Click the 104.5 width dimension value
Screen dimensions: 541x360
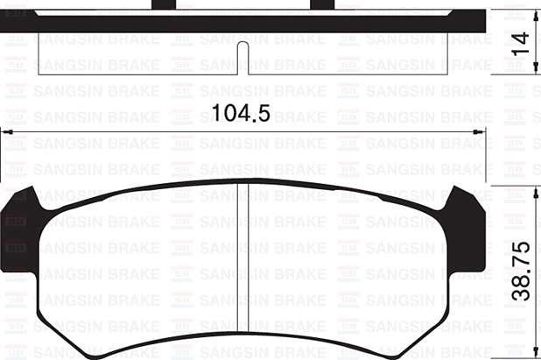pyautogui.click(x=241, y=113)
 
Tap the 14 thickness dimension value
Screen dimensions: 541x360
pyautogui.click(x=520, y=44)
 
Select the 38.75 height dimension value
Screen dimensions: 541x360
pyautogui.click(x=520, y=272)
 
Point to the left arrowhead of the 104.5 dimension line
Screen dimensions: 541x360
pyautogui.click(x=8, y=132)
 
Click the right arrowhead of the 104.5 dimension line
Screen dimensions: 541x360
pyautogui.click(x=478, y=132)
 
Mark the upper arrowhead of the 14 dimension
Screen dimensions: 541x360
pyautogui.click(x=536, y=15)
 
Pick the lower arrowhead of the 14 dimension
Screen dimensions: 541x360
pyautogui.click(x=536, y=68)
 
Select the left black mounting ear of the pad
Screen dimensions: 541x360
pyautogui.click(x=20, y=231)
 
